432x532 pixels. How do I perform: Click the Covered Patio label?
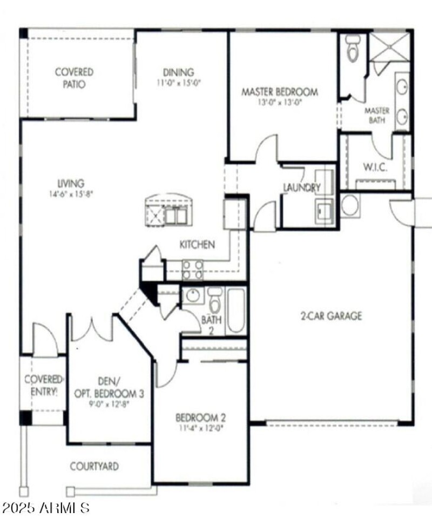[x=74, y=78]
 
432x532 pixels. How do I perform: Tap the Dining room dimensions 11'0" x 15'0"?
[x=178, y=83]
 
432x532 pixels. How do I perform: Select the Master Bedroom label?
[x=279, y=92]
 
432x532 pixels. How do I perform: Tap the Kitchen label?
[x=197, y=245]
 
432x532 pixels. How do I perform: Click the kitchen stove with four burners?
[x=193, y=270]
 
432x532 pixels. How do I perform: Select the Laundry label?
[x=302, y=188]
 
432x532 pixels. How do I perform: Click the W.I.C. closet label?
[x=375, y=167]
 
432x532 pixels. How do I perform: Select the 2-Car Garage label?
[x=331, y=316]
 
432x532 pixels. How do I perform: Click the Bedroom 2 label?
[x=200, y=417]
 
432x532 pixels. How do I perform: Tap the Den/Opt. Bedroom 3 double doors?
[x=92, y=328]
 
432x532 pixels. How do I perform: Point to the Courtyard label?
[x=94, y=466]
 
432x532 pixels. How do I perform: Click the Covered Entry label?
[x=43, y=385]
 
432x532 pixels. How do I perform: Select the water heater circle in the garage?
[x=350, y=205]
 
